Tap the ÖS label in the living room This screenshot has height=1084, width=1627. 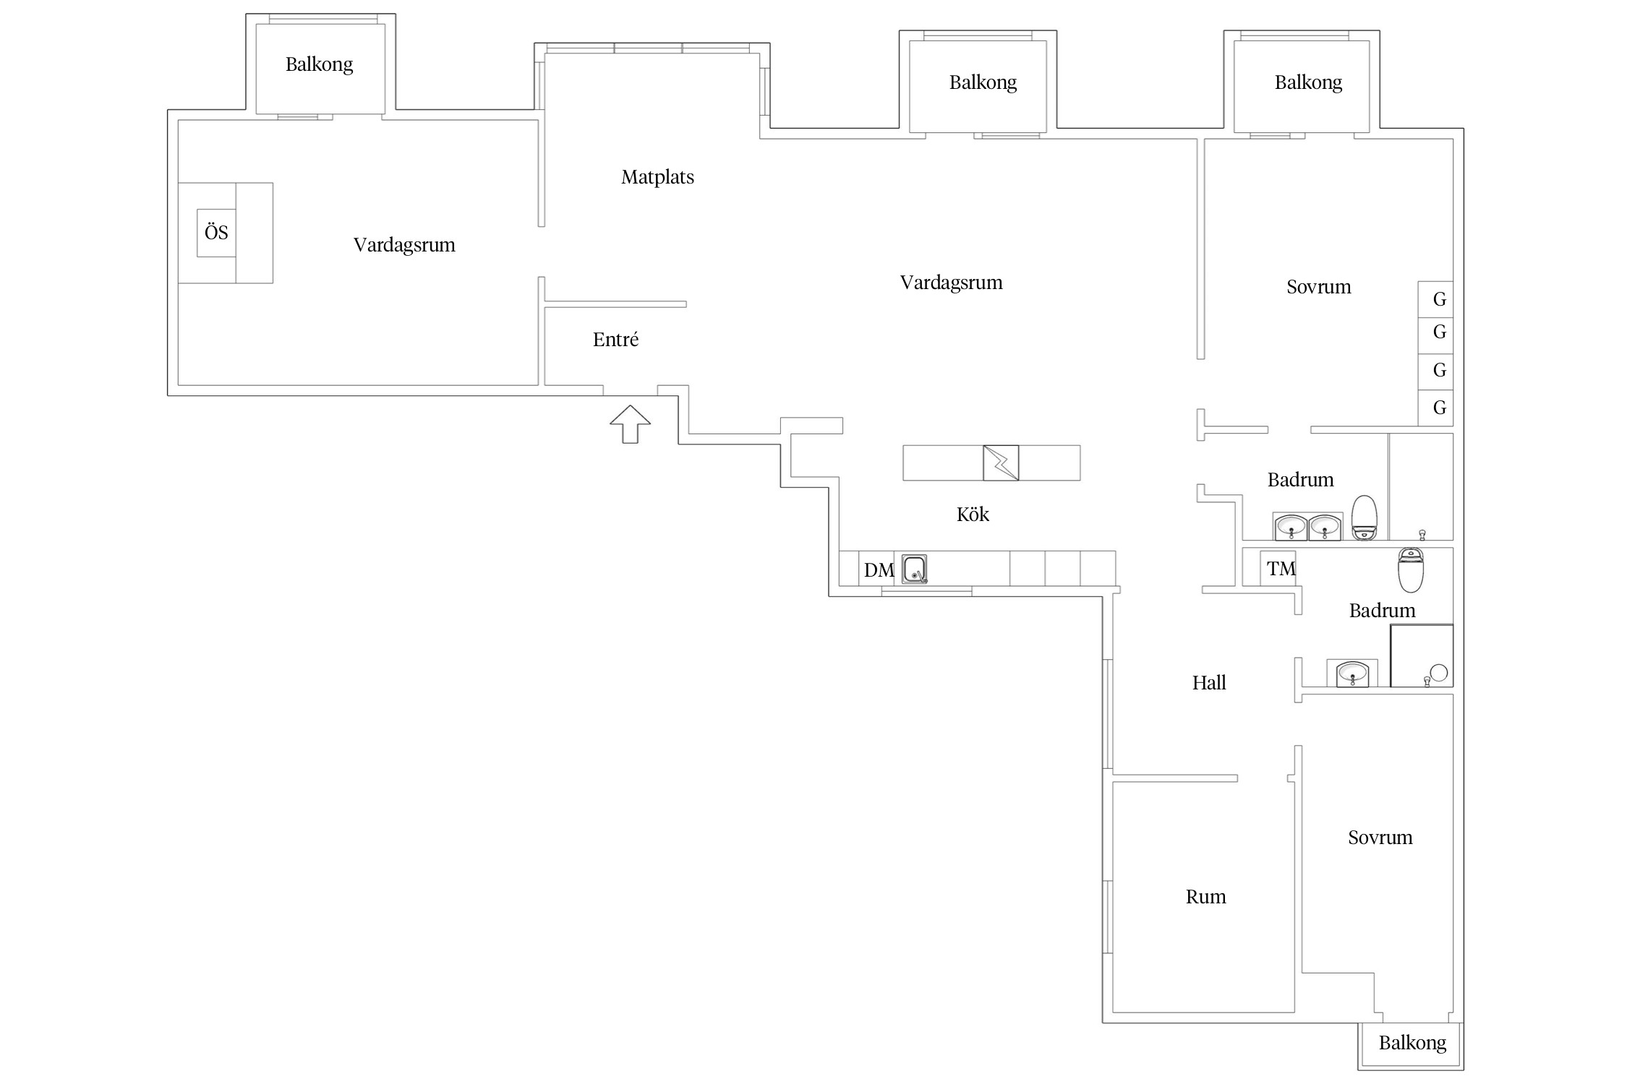point(216,232)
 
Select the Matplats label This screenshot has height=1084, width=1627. point(657,177)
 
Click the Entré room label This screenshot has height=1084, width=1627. point(615,339)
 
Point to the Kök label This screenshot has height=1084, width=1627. point(973,514)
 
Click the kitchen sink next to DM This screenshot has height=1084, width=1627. point(915,569)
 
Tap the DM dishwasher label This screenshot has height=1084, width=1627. point(879,570)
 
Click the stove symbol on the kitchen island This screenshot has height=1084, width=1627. point(1001,463)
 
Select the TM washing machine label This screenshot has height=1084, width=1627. point(1281,569)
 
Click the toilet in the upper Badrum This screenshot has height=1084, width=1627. point(1365,517)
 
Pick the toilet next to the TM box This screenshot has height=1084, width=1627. point(1411,569)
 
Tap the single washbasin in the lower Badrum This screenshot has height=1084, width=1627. point(1351,674)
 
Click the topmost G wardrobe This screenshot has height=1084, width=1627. point(1435,298)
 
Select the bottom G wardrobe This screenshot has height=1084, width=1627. point(1435,408)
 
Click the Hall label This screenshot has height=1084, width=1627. point(1209,683)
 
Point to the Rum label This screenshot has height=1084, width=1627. point(1205,897)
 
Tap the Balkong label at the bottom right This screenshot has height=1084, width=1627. point(1412,1043)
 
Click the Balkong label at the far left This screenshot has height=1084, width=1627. point(319,64)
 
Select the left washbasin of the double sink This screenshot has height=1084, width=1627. point(1291,527)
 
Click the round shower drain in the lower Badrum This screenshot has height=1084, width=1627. point(1439,673)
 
